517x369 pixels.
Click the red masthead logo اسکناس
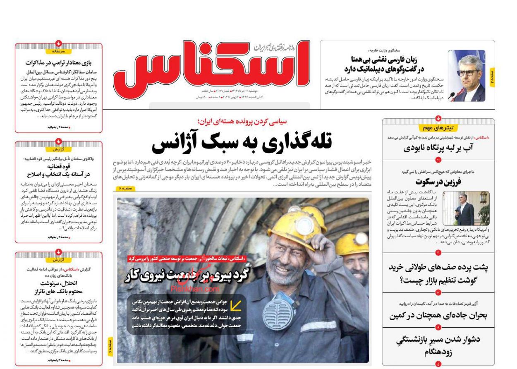(x=211, y=66)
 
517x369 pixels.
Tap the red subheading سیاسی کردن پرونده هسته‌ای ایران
(x=242, y=122)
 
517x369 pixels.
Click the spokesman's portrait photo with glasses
(x=466, y=76)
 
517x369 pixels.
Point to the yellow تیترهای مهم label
(x=438, y=128)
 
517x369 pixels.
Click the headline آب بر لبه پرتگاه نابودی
(x=438, y=148)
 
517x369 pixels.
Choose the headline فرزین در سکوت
(x=438, y=181)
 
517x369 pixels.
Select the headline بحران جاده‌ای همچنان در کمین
(x=438, y=315)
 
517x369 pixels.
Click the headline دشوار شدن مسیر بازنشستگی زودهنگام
(x=438, y=346)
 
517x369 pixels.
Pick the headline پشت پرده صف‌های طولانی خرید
(x=438, y=273)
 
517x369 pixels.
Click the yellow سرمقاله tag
(x=59, y=52)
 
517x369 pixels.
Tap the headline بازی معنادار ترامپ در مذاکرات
(x=58, y=63)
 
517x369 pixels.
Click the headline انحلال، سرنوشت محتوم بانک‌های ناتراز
(x=58, y=287)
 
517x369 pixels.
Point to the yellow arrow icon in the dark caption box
(x=236, y=306)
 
